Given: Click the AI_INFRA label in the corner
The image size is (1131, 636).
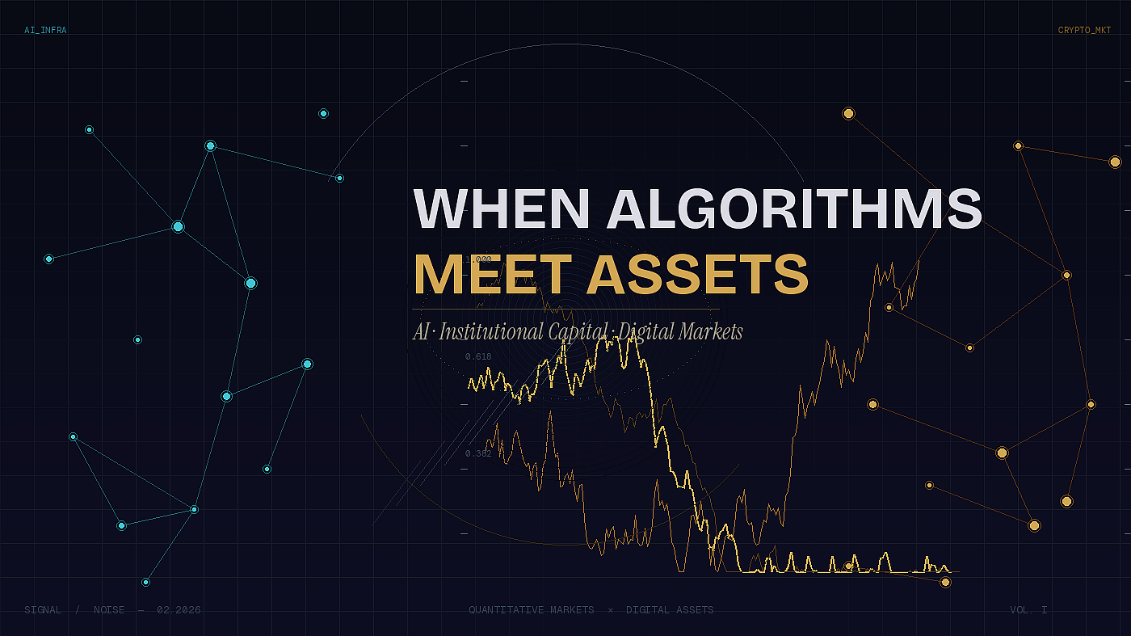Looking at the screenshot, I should (45, 31).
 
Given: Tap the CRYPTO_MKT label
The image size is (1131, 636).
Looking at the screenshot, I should (1084, 31).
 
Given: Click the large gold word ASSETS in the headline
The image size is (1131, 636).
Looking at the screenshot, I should (697, 275).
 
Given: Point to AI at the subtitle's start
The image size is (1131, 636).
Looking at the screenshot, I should (421, 331).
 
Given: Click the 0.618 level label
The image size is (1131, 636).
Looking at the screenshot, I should (478, 356).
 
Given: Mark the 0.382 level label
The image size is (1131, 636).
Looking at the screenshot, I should (478, 453).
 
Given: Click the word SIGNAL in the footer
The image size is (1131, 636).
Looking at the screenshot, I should (43, 609).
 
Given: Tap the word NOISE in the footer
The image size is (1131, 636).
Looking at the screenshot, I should (109, 609).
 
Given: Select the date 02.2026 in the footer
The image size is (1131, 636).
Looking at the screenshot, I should (179, 609).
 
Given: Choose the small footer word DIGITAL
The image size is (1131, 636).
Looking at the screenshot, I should (648, 609).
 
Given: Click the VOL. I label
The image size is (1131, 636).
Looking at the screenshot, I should (1028, 609).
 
